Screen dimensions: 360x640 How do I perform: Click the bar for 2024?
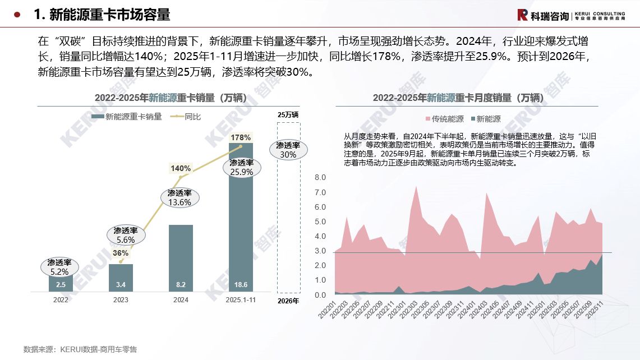[x=181, y=258]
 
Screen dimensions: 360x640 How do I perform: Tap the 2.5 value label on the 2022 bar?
[x=61, y=285]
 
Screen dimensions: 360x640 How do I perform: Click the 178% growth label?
[x=241, y=137]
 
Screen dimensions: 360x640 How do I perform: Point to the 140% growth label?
[x=181, y=168]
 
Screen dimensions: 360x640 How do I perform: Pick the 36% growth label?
[x=121, y=253]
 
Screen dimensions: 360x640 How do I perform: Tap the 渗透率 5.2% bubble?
[x=59, y=267]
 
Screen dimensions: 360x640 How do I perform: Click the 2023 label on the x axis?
[x=121, y=300]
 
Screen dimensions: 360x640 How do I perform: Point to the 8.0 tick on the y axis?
[x=320, y=178]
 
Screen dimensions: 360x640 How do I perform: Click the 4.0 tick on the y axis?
[x=320, y=237]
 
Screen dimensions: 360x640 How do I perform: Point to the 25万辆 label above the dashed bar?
[x=288, y=114]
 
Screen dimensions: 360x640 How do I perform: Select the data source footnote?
[x=80, y=349]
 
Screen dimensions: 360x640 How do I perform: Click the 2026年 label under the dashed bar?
[x=288, y=301]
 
